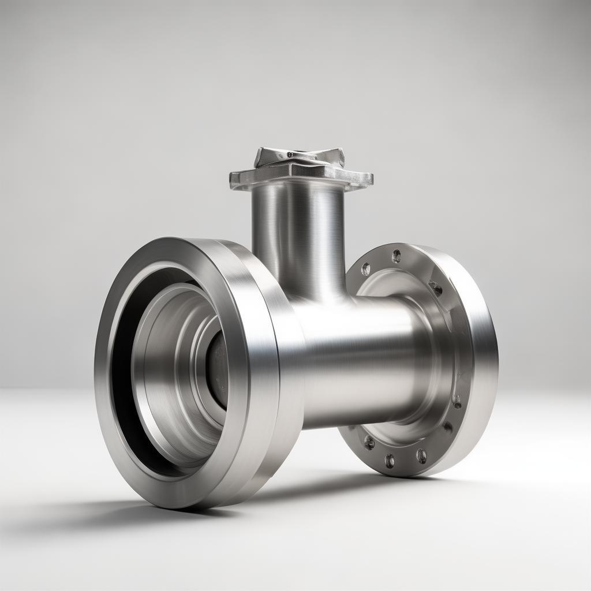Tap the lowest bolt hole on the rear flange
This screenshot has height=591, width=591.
[390, 460]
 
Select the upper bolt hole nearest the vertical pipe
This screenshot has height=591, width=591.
[365, 269]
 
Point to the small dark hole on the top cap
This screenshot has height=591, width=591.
[290, 154]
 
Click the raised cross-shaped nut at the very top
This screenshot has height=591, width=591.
[300, 158]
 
